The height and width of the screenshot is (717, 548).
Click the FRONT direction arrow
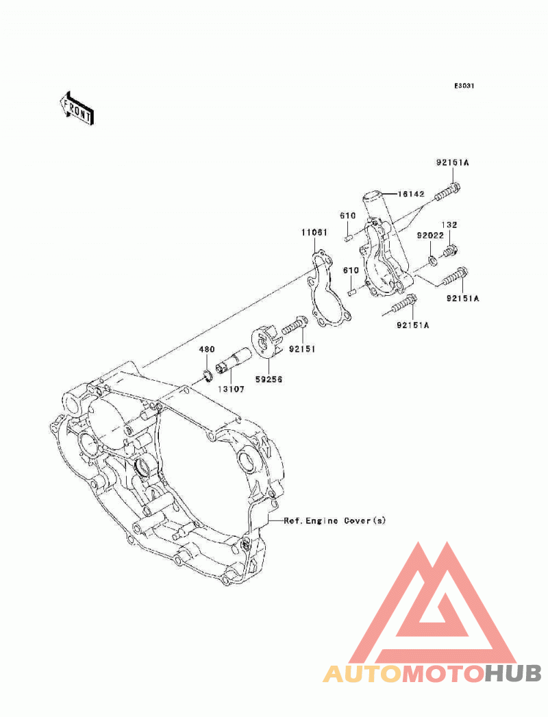pos(77,108)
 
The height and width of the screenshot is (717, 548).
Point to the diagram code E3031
pos(464,86)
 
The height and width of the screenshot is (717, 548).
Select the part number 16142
pos(411,194)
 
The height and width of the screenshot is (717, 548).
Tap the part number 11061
pos(314,232)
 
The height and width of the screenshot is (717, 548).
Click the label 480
pos(206,349)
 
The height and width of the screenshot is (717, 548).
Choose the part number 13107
pos(231,389)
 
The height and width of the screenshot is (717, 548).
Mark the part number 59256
pos(269,379)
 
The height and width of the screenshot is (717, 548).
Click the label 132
pos(449,225)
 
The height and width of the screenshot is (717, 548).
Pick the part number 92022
pos(430,236)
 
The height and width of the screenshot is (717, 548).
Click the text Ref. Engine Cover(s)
pos(335,520)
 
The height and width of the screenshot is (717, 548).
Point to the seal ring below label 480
pos(208,375)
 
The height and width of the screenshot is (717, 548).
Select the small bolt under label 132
pos(450,250)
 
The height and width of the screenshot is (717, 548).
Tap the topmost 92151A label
pos(452,163)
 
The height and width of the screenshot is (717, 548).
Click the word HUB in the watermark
pos(513,674)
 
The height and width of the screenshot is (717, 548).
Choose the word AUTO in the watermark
pos(364,674)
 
